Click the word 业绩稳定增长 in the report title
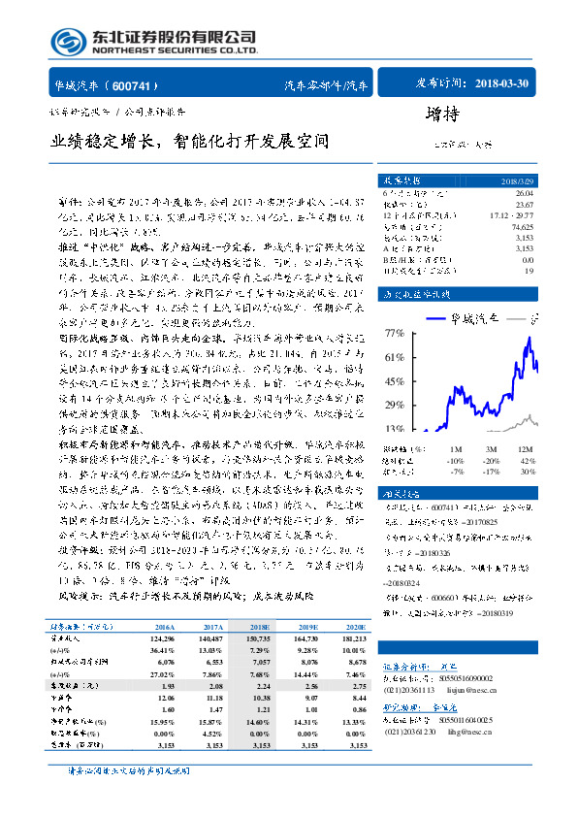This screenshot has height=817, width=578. point(101,142)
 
